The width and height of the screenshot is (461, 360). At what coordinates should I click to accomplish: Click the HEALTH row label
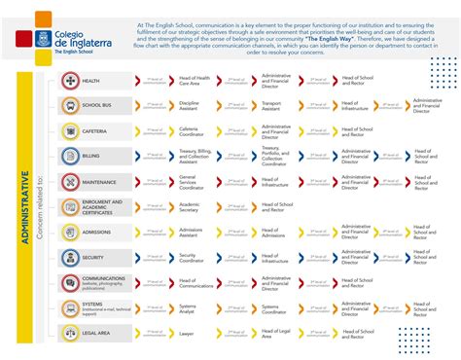(x=91, y=82)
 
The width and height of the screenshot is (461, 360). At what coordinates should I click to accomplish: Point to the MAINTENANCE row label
(x=100, y=181)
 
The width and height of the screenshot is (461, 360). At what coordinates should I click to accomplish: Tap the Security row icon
(x=70, y=258)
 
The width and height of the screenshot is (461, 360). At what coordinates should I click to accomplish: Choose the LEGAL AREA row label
(x=96, y=332)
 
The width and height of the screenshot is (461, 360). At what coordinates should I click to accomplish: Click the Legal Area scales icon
(x=70, y=333)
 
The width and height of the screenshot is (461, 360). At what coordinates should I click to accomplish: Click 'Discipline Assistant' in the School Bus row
(x=189, y=106)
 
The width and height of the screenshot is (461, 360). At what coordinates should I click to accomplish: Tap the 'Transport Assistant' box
(x=271, y=106)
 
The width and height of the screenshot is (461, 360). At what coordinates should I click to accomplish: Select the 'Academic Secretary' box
(x=189, y=206)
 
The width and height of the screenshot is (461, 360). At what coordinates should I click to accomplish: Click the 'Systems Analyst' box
(x=189, y=308)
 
